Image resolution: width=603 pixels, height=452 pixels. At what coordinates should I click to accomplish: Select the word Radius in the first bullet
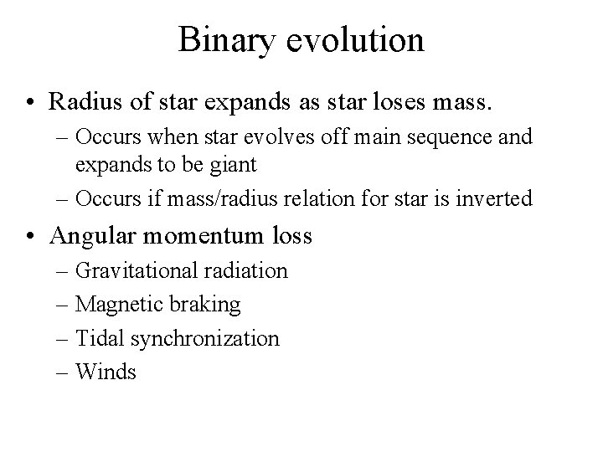click(x=80, y=103)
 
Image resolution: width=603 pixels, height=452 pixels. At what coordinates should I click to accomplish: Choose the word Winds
click(x=106, y=372)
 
